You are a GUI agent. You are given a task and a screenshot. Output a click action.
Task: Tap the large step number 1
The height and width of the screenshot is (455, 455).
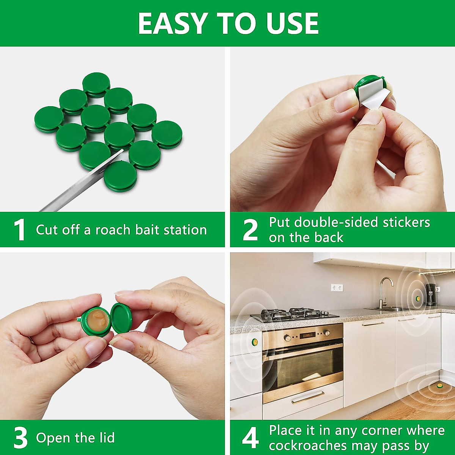[19, 230]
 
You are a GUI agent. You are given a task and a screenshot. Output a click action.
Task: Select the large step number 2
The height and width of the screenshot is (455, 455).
[250, 230]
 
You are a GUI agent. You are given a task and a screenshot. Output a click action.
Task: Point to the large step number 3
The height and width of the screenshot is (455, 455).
[20, 438]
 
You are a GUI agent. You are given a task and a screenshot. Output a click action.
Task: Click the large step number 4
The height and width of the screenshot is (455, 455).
[250, 438]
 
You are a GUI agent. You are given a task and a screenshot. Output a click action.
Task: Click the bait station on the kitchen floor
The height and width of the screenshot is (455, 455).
[439, 386]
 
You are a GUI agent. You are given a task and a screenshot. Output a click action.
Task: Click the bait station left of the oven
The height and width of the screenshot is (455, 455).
[255, 343]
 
